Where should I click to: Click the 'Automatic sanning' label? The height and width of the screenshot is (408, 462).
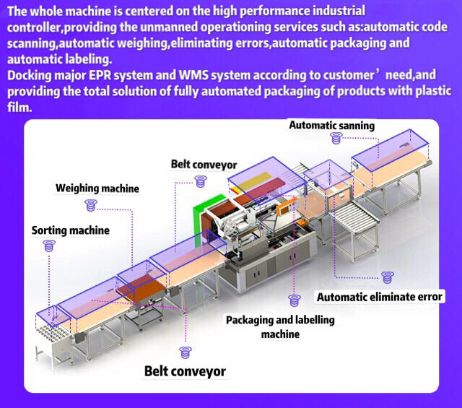(x=331, y=126)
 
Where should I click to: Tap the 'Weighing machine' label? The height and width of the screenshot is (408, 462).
(x=97, y=189)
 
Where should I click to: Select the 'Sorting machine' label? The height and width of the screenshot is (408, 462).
(x=71, y=231)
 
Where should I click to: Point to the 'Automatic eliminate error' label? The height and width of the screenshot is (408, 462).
(x=380, y=297)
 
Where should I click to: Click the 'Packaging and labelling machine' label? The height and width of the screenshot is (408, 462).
(x=280, y=327)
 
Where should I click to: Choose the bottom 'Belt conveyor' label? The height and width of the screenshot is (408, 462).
(x=185, y=372)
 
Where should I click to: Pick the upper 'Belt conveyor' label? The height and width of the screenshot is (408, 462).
(x=204, y=165)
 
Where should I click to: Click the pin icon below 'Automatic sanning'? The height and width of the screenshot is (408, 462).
(x=334, y=138)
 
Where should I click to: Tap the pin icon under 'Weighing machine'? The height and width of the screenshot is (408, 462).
(x=91, y=205)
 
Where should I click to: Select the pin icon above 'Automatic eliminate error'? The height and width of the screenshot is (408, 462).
(x=388, y=277)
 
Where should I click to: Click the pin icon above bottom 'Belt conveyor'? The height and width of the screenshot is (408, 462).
(x=186, y=353)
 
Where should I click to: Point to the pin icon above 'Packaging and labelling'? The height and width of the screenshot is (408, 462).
(x=293, y=300)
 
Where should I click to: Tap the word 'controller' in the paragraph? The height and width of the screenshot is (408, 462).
(x=33, y=27)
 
